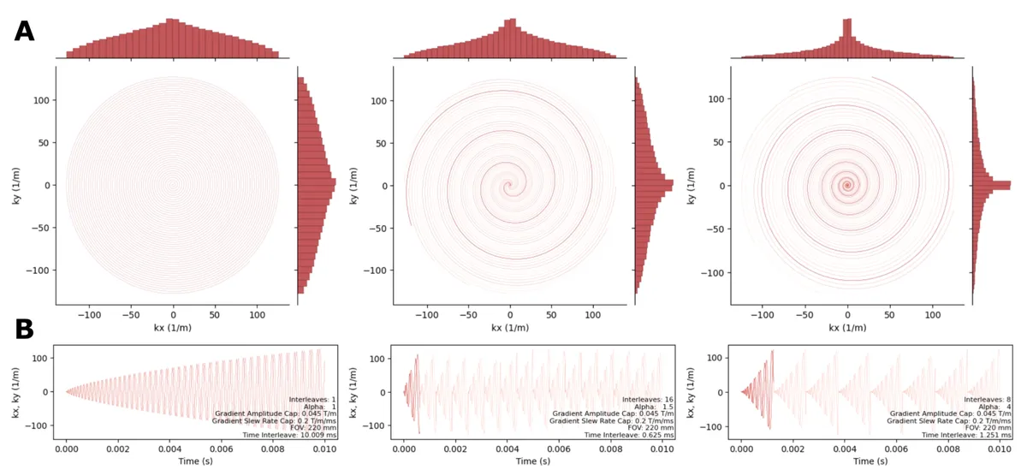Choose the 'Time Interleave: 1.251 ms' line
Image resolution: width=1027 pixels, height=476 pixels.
click(x=960, y=435)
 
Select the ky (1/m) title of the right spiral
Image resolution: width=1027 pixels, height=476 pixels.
click(x=690, y=186)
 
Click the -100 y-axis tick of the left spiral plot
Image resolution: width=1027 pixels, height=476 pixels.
click(x=39, y=270)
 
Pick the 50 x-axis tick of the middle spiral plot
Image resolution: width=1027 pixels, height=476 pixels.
click(x=552, y=314)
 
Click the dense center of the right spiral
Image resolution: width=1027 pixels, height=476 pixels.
click(x=847, y=185)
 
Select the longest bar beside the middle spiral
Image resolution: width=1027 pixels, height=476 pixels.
click(x=655, y=183)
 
